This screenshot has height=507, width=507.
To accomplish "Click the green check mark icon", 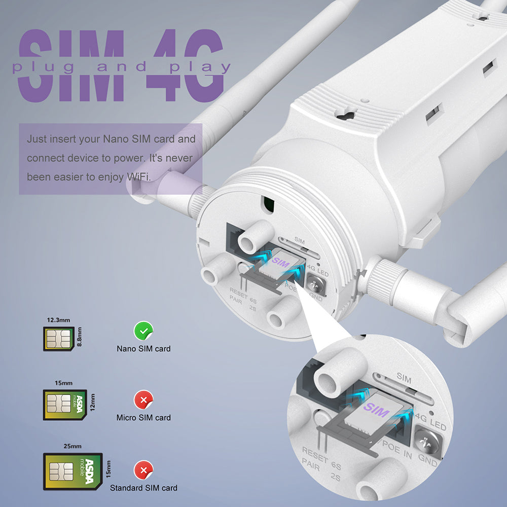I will [143, 331].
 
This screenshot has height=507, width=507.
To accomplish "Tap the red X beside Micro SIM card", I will [143, 400].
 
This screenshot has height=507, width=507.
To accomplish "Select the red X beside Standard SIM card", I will [143, 470].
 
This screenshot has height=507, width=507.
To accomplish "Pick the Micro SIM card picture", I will [64, 404].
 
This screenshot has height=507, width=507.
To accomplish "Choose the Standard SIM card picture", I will [73, 472].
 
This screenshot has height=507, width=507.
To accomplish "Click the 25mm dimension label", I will [72, 446].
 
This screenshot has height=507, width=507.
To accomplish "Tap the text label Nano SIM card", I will [143, 349].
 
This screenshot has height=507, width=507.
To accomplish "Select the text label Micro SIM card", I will [143, 418].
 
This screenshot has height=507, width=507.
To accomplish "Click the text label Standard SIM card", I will [143, 488].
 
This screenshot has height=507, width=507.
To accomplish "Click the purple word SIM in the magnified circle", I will [376, 410].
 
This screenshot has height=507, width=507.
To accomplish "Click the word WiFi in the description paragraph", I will [139, 176].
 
